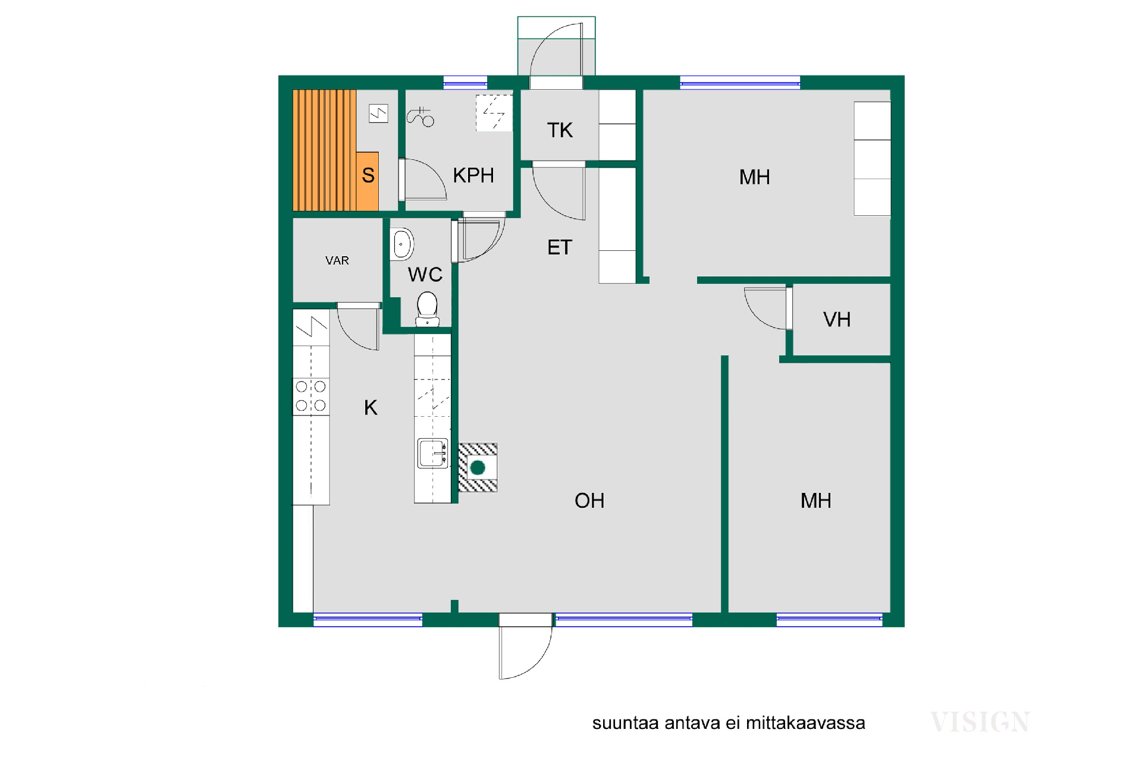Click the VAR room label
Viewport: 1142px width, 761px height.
click(337, 260)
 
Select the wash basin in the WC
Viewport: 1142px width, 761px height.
click(402, 244)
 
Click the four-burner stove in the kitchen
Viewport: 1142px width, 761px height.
click(310, 397)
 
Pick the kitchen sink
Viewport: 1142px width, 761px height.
click(432, 454)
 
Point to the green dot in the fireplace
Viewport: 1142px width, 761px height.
click(478, 468)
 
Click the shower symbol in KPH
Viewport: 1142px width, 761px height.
click(421, 117)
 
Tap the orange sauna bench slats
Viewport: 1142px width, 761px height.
click(325, 150)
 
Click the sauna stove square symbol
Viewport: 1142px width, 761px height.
click(378, 113)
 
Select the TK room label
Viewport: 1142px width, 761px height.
click(560, 130)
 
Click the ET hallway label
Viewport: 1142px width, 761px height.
click(560, 247)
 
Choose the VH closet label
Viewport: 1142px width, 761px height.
click(837, 320)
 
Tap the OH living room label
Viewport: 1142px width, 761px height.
click(589, 501)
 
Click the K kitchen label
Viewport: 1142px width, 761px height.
click(371, 407)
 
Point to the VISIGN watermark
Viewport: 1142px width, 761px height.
click(980, 722)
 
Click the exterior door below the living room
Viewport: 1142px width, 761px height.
click(525, 646)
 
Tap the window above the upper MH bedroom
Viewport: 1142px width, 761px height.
click(740, 83)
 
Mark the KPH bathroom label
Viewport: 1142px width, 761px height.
click(473, 175)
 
